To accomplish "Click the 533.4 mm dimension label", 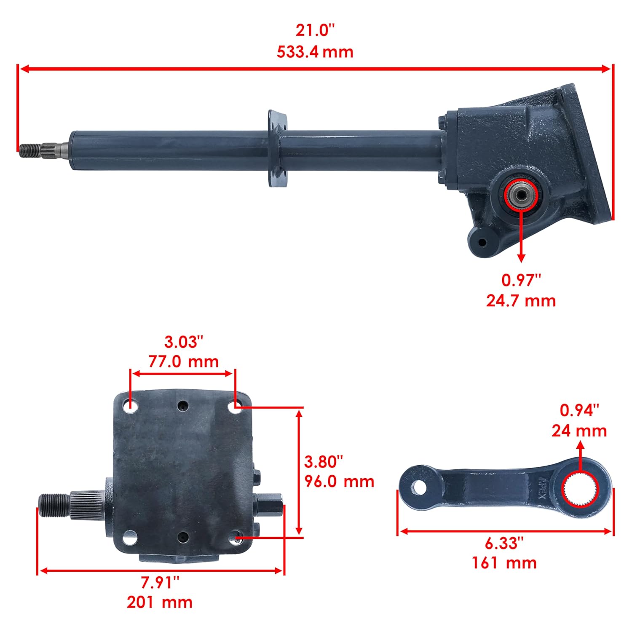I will tap(315, 52).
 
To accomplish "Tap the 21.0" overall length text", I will tap(315, 31).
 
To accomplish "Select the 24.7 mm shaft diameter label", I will tap(521, 301).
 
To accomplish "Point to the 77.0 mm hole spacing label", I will tap(183, 362).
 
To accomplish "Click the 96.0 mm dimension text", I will tap(339, 481).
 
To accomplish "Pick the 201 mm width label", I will tap(159, 602).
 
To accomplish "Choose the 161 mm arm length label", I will tap(504, 562).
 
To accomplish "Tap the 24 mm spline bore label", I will tap(579, 431).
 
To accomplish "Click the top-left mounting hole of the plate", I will tap(131, 407).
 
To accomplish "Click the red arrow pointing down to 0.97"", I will tap(521, 236).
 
